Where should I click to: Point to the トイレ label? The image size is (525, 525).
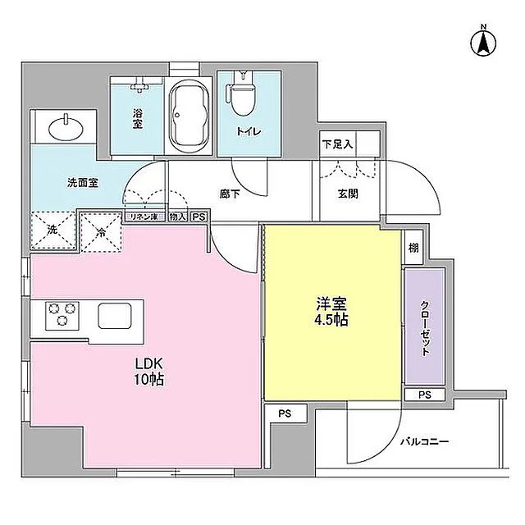coord(249,130)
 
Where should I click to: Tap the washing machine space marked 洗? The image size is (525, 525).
coord(51,231)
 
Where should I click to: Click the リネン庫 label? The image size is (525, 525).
coord(145,217)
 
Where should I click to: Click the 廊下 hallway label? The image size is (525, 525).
coord(230,194)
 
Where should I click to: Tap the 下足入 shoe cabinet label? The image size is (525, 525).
coord(336,144)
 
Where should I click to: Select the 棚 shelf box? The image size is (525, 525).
coord(413,247)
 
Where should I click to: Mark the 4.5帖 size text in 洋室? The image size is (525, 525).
coord(333,320)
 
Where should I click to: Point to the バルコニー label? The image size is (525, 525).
coord(424,441)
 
